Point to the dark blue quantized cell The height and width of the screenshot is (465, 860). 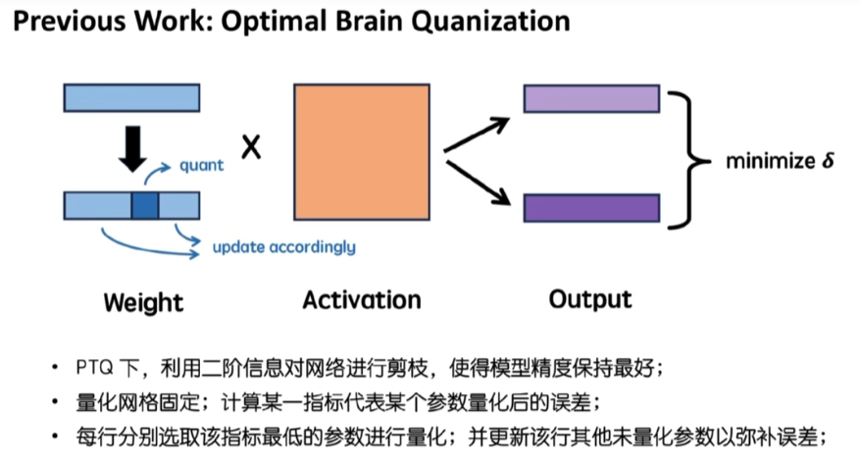144,205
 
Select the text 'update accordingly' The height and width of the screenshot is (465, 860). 283,246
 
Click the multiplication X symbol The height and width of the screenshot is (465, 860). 251,148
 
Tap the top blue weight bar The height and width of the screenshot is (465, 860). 131,98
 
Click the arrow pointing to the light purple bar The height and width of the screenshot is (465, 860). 478,135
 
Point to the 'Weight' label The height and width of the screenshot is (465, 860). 143,301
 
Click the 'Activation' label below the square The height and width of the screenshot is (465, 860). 361,299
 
